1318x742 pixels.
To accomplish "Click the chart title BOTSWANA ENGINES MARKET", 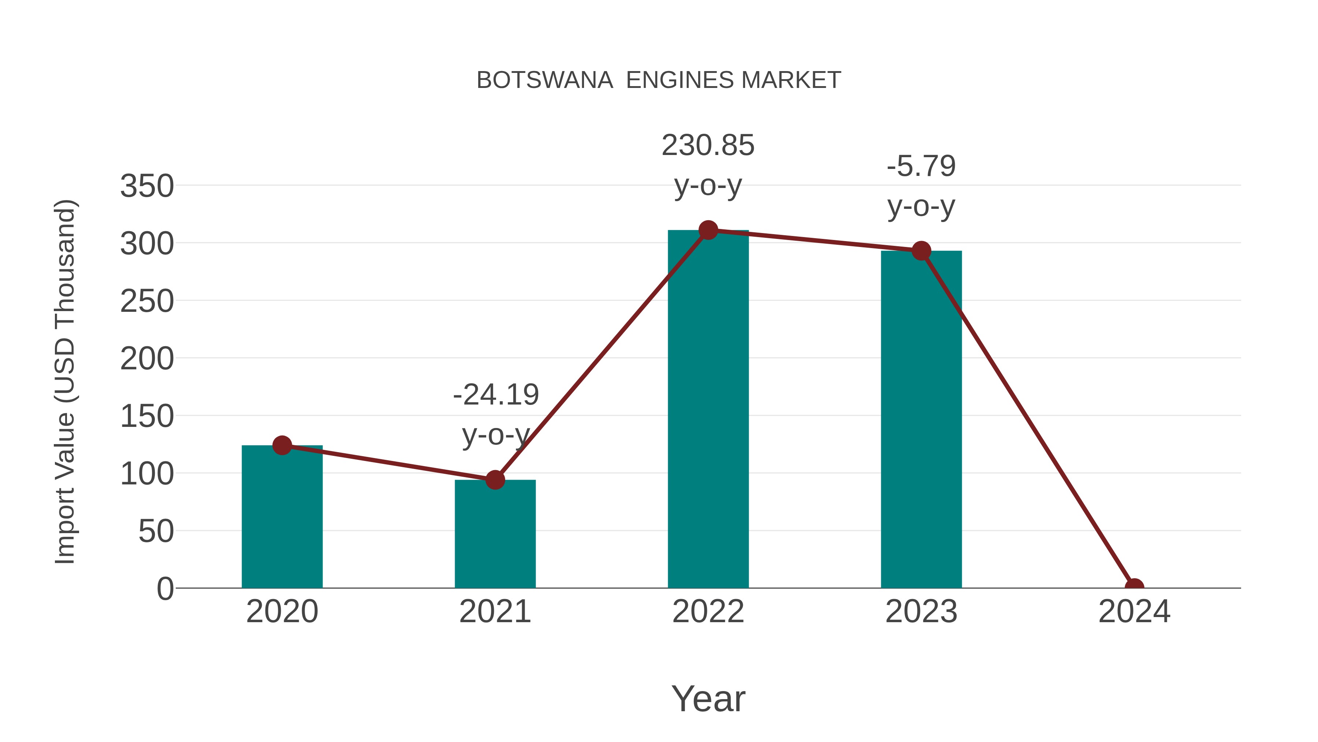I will click(659, 80).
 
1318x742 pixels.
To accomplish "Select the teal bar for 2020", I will click(282, 517).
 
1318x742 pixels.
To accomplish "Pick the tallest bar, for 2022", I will click(708, 410).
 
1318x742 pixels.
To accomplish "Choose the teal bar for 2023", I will click(921, 420).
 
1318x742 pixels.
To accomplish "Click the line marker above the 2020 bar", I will click(282, 446).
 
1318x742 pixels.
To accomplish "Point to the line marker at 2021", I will click(495, 480).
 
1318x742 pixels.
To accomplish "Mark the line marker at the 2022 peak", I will click(708, 230).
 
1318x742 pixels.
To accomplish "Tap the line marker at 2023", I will click(921, 251).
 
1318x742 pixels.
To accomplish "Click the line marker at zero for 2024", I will click(1134, 587).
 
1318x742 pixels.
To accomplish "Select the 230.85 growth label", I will click(708, 145).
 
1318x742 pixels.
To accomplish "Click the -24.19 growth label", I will click(496, 395).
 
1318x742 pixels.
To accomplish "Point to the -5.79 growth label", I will click(921, 166).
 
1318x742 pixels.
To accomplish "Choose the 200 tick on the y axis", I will click(147, 359).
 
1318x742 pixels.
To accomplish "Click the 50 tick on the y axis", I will click(156, 532).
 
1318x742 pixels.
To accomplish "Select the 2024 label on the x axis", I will click(1134, 612).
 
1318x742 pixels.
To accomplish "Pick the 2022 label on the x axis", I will click(708, 612).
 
